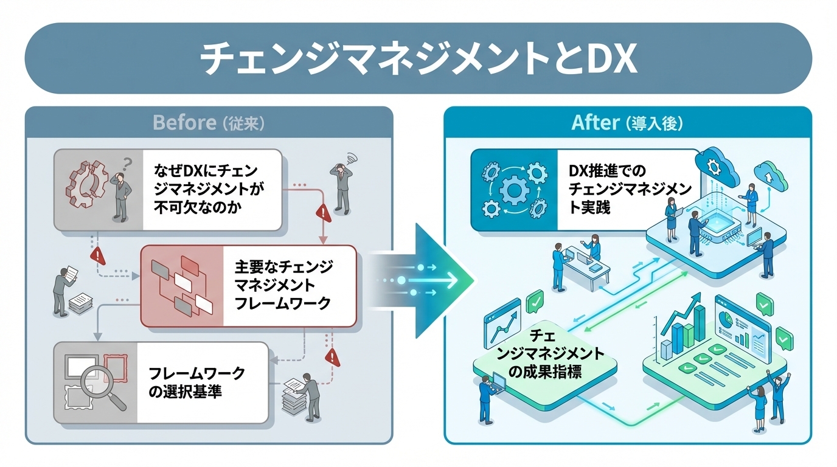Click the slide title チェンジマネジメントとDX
pos(418,58)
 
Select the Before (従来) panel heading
pos(208,123)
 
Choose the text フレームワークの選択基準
pos(197,382)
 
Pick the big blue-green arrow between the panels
pos(435,281)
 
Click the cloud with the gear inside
pos(718,164)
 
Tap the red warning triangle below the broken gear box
pos(98,256)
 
